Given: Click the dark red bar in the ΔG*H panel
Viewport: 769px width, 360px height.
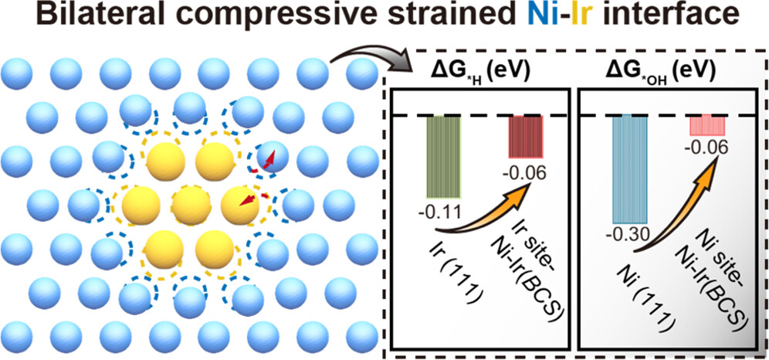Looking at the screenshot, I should click(525, 138).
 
